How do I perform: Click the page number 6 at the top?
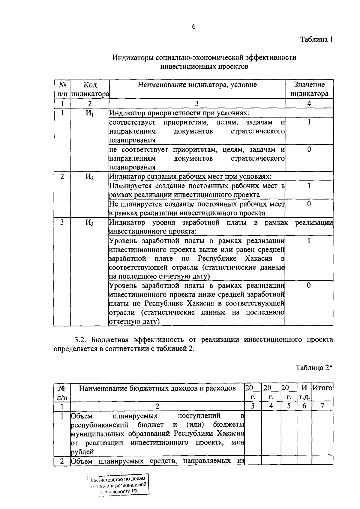(x=193, y=26)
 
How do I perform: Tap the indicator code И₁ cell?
(x=89, y=114)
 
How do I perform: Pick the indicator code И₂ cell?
(x=89, y=177)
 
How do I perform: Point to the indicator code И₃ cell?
(x=89, y=223)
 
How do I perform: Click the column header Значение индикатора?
(x=309, y=89)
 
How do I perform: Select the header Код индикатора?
(x=90, y=89)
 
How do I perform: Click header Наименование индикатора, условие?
(x=197, y=85)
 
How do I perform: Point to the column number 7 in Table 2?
(x=322, y=406)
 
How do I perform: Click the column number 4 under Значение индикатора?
(x=309, y=103)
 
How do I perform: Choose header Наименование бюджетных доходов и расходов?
(x=157, y=388)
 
